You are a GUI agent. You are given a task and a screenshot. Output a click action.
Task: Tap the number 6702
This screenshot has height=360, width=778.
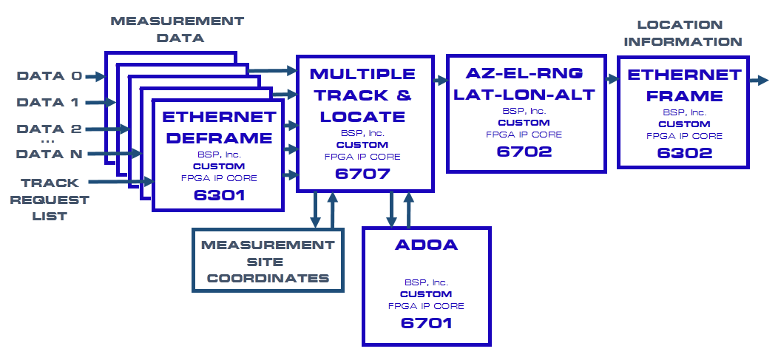tap(524, 152)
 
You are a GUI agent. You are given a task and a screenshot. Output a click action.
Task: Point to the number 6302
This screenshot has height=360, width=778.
tap(684, 153)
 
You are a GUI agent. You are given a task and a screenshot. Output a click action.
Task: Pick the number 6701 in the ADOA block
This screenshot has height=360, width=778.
tap(426, 323)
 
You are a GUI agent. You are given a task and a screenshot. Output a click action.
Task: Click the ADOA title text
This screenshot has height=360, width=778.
tap(426, 245)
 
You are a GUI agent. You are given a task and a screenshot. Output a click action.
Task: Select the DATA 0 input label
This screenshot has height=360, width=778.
tap(50, 75)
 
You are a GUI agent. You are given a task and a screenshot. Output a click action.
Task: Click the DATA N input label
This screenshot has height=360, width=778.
tap(50, 154)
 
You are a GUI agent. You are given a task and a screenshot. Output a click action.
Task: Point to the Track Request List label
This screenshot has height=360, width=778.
tap(54, 199)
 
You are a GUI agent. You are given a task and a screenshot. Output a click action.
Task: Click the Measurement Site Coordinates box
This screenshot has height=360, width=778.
tap(268, 261)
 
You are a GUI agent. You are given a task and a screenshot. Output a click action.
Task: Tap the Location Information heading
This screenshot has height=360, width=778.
tap(682, 33)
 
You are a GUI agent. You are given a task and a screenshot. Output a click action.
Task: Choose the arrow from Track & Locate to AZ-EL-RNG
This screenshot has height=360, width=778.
tap(437, 79)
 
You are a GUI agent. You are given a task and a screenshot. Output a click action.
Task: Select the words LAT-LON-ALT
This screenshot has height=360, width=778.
tap(524, 94)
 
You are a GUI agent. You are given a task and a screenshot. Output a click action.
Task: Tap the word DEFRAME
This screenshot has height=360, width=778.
tap(218, 137)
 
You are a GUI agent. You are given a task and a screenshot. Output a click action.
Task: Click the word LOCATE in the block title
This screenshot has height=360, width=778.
tap(362, 116)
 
